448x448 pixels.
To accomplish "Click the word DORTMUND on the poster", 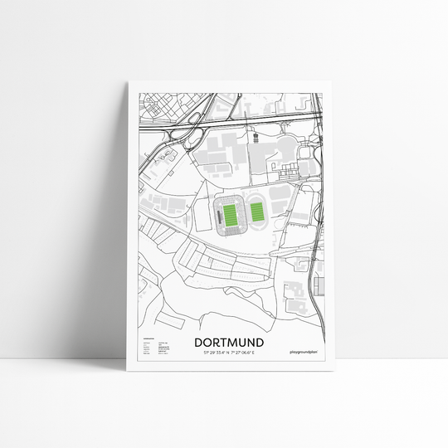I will point(229,342).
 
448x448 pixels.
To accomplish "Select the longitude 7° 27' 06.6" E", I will point(247,353).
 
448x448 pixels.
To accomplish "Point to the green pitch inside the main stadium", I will point(230,217).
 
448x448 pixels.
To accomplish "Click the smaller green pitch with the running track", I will point(257,217).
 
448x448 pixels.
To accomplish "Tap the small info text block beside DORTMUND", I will point(158,348).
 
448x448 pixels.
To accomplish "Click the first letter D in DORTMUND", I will point(199,342).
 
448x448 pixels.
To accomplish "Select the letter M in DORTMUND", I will point(235,342).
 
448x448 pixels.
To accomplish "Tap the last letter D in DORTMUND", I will point(260,342).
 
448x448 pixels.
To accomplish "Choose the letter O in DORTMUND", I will point(209,342).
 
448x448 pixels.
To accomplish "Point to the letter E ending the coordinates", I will point(262,353).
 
